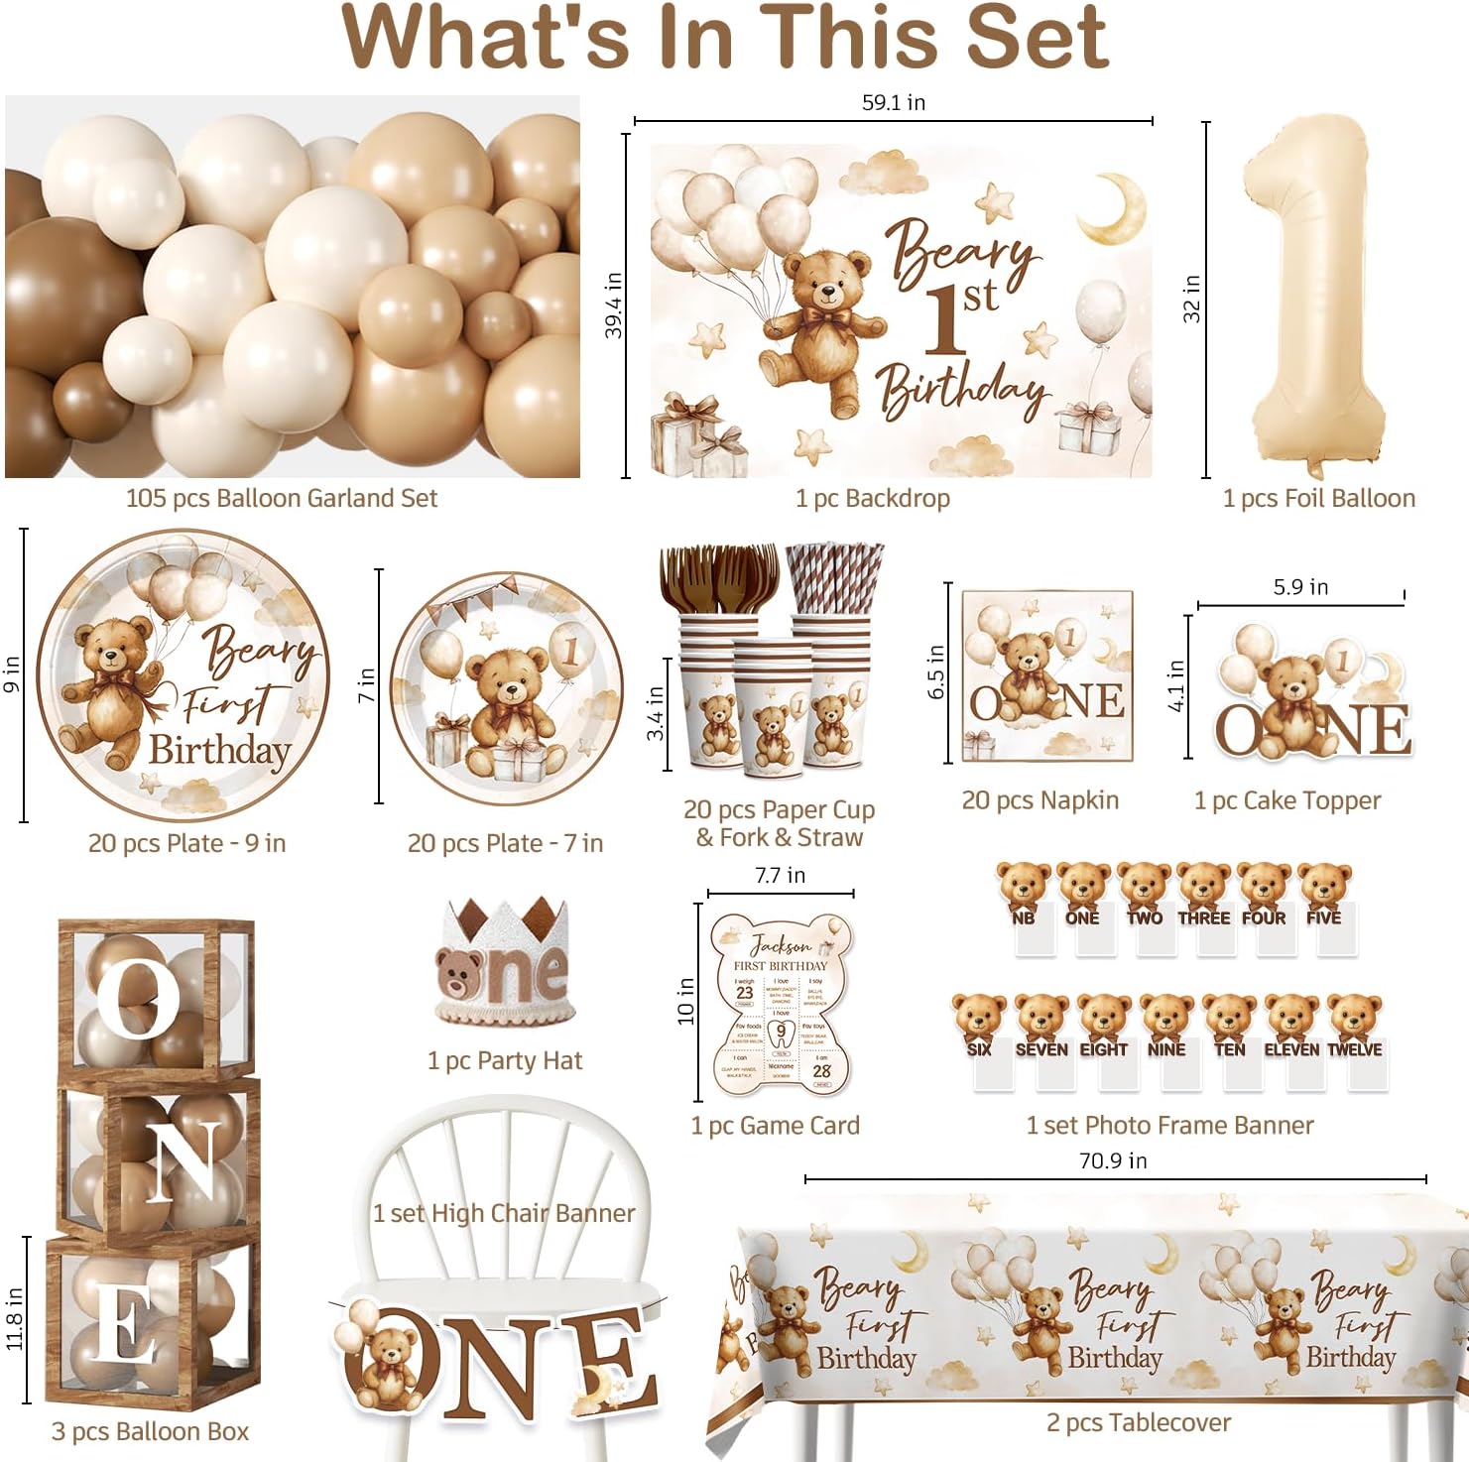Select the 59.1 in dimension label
pyautogui.click(x=893, y=102)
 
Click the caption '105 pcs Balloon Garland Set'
pyautogui.click(x=281, y=498)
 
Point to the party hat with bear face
pyautogui.click(x=503, y=961)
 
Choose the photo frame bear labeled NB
pyautogui.click(x=1024, y=893)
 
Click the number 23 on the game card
pyautogui.click(x=744, y=993)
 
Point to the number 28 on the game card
pyautogui.click(x=821, y=1071)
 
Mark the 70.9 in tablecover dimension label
pyautogui.click(x=1113, y=1160)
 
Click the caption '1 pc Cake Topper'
pyautogui.click(x=1286, y=800)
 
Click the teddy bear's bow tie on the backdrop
pyautogui.click(x=825, y=318)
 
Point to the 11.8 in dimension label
pyautogui.click(x=14, y=1318)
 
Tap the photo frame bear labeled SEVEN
pyautogui.click(x=1041, y=1027)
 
